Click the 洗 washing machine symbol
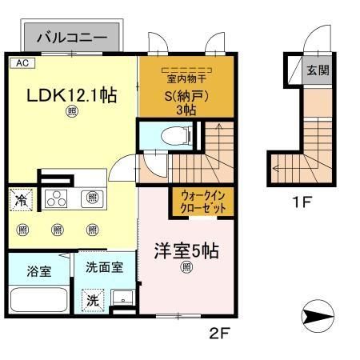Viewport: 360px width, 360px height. click(94, 302)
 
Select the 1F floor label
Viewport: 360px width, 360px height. click(301, 202)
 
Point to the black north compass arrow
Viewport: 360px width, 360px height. click(323, 319)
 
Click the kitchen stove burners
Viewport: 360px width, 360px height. click(58, 198)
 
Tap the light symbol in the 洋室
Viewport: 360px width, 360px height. click(185, 268)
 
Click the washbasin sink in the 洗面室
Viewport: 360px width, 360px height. click(121, 302)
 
